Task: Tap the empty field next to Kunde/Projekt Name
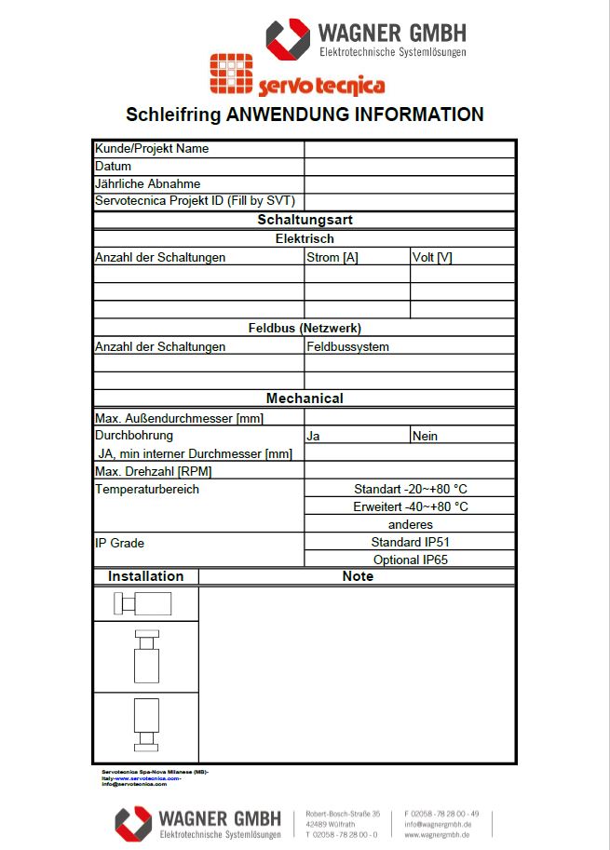coord(409,149)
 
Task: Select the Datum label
coord(114,167)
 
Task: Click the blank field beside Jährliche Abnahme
coord(409,184)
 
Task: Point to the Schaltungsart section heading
coord(305,221)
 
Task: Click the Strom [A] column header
coord(332,257)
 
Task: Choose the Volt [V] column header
coord(432,257)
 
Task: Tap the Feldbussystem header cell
coord(348,346)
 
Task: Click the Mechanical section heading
coord(305,398)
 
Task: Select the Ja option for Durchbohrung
coord(314,436)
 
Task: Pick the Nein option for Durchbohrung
coord(425,436)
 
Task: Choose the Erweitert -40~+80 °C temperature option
coord(410,506)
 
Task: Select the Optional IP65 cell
coord(410,560)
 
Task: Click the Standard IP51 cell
coord(410,542)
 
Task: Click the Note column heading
coord(358,576)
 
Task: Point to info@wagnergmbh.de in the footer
coord(437,824)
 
